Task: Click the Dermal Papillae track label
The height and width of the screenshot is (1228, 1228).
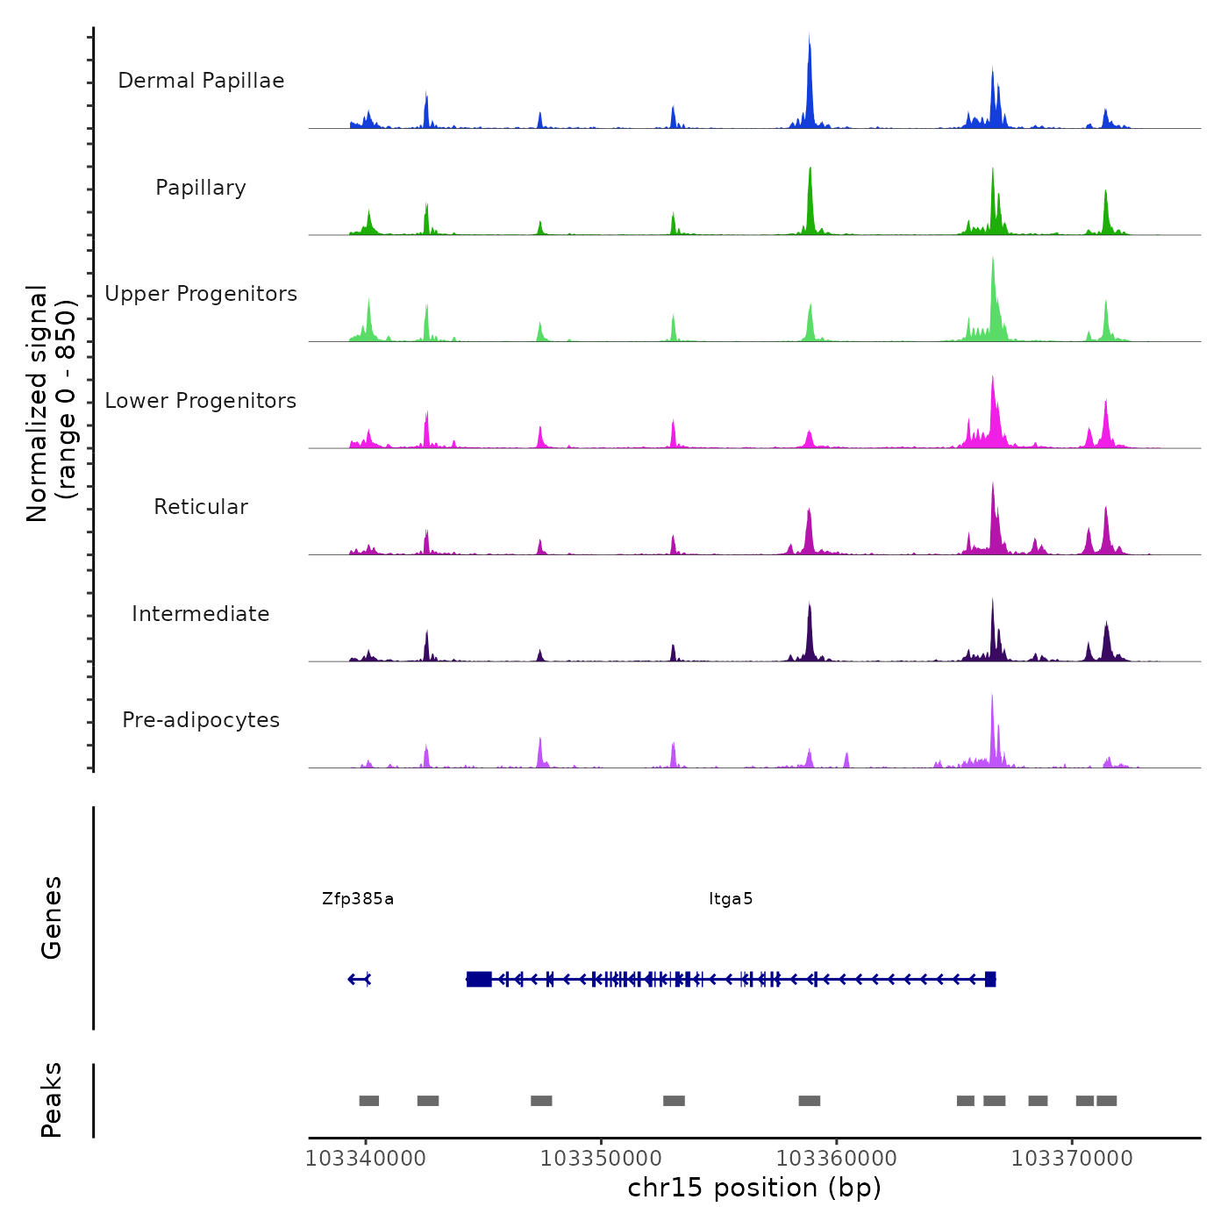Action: [201, 81]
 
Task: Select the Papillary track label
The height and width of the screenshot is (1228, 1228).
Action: [201, 188]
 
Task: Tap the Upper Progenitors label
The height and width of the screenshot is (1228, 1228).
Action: [201, 294]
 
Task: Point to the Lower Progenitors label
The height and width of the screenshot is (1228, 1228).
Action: [201, 401]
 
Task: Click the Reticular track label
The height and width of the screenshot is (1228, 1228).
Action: [201, 507]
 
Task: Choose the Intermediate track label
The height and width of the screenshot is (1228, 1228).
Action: [201, 614]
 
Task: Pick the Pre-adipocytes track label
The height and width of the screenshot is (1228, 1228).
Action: [201, 720]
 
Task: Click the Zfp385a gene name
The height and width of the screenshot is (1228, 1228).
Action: [358, 899]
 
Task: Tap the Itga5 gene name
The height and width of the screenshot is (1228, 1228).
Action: [731, 899]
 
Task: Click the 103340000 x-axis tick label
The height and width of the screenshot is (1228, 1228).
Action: [366, 1159]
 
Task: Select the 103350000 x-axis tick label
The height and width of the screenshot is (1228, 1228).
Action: [601, 1159]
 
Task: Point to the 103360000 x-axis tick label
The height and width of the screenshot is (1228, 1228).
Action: [837, 1159]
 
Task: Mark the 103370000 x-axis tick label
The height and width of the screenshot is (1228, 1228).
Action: [1072, 1159]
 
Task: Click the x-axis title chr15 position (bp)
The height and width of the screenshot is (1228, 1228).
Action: [754, 1189]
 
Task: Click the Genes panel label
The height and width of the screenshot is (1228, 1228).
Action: [52, 917]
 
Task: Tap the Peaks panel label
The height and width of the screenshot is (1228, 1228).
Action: [52, 1100]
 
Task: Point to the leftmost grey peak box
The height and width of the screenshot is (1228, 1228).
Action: [369, 1101]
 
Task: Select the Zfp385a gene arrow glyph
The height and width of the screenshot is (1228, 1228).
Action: [360, 979]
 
